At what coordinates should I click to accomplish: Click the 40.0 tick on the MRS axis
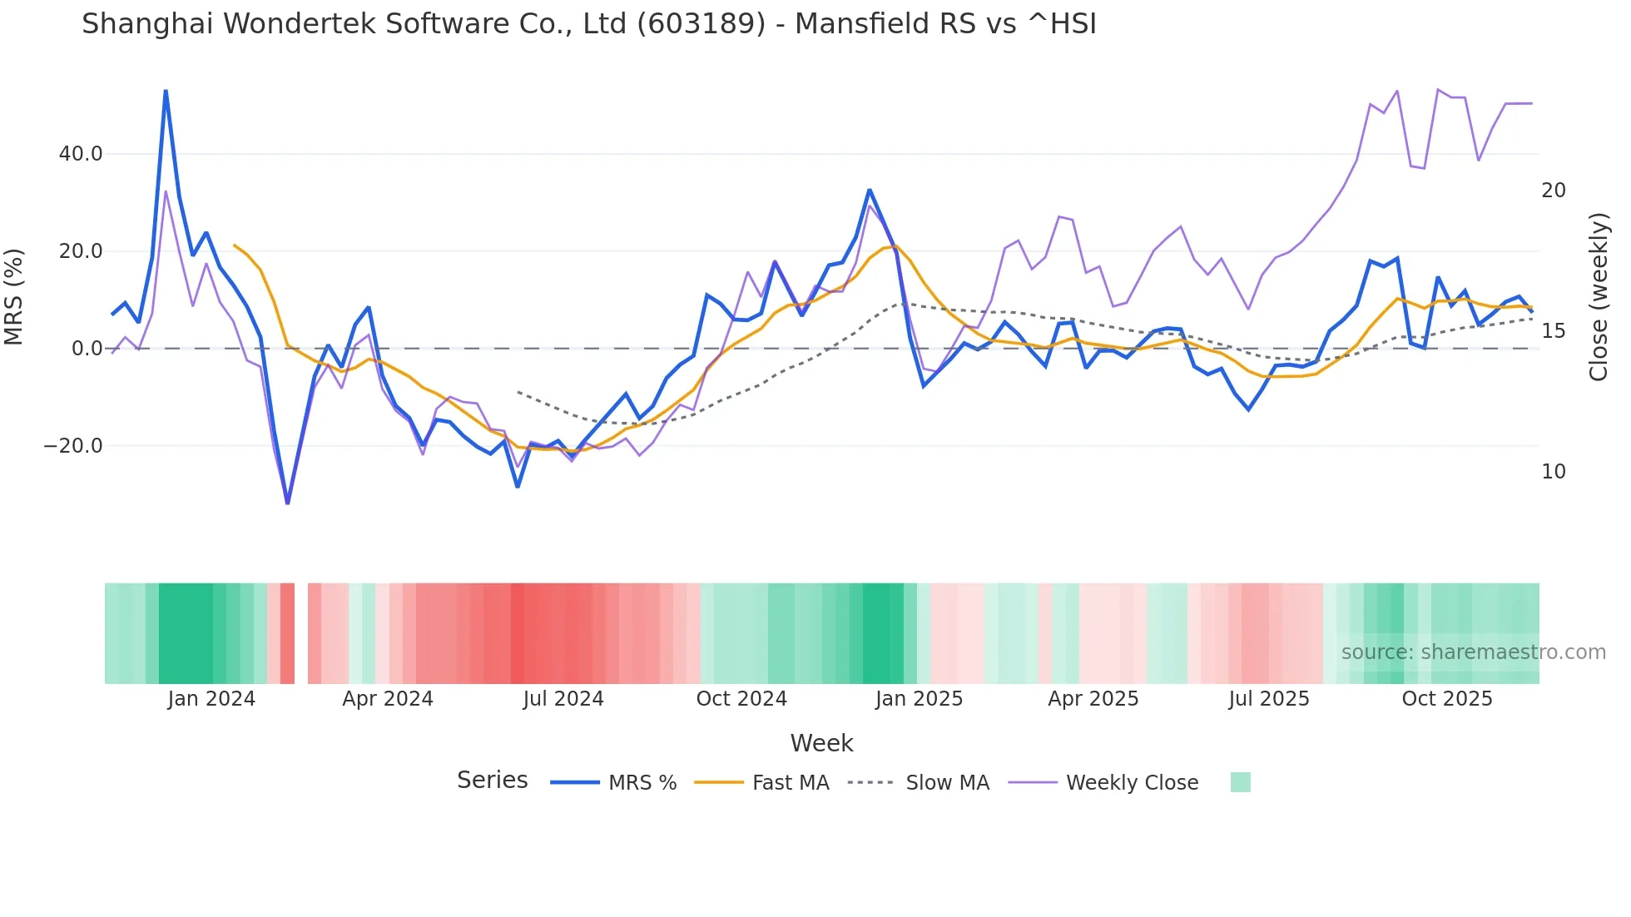(81, 154)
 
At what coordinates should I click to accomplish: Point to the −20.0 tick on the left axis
(73, 446)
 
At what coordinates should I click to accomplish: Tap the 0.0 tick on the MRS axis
(87, 349)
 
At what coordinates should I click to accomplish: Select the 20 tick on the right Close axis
(1553, 191)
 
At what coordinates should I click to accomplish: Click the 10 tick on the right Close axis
(1553, 472)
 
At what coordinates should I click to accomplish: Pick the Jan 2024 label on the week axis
(211, 699)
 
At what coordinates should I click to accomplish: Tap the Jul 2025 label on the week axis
(1268, 699)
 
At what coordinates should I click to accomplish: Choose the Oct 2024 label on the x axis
(741, 699)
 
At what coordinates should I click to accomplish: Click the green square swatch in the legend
(1240, 782)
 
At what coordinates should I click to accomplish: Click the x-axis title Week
(821, 743)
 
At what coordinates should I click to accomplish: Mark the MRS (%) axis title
(14, 296)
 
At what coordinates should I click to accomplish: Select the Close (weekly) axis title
(1598, 296)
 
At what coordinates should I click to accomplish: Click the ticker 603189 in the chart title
(701, 24)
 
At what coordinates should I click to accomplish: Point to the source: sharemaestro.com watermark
(1473, 652)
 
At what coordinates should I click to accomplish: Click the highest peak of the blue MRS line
(166, 91)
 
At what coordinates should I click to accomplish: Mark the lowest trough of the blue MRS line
(288, 502)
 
